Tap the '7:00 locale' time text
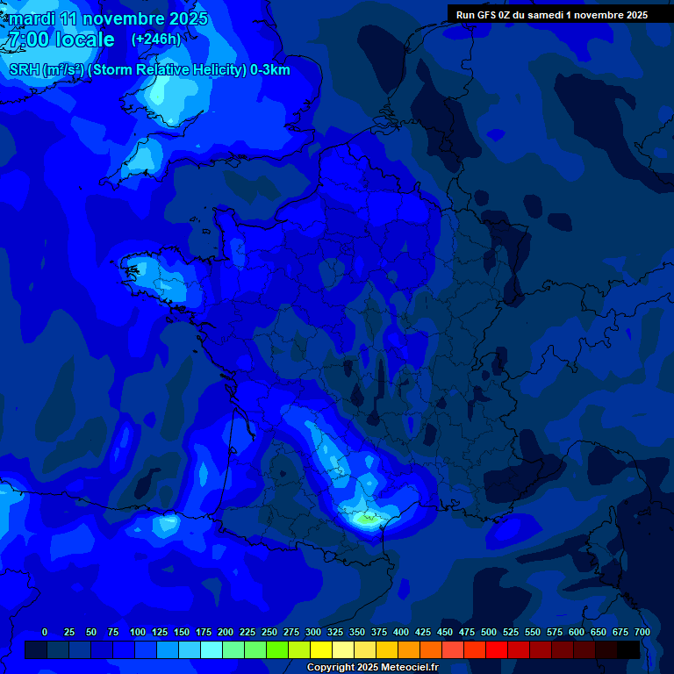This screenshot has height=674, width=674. coord(61,39)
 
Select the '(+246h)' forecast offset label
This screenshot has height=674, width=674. coord(156,39)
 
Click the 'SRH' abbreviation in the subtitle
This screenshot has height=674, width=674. coord(25,70)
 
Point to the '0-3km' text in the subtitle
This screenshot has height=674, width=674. coord(269,70)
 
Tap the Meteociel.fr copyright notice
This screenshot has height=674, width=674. coord(372,667)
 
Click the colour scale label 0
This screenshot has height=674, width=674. coord(45,632)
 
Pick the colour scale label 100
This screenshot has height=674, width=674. coord(137,632)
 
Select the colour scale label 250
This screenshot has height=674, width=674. coord(269,632)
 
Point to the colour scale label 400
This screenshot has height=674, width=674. coord(401,632)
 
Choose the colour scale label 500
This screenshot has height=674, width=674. coord(489,632)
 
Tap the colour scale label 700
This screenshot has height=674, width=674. coord(642,632)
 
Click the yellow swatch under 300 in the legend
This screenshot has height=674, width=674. coord(321,649)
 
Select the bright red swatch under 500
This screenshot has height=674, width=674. coord(497,649)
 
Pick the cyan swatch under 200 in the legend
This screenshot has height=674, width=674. coord(212,649)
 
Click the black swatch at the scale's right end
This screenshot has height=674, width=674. coord(628,649)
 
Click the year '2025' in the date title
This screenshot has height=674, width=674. coord(187,18)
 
